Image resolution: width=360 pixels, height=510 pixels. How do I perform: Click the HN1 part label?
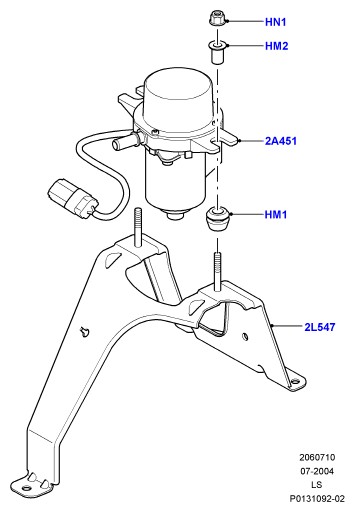[x=276, y=22]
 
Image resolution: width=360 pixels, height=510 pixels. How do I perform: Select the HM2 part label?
[x=276, y=46]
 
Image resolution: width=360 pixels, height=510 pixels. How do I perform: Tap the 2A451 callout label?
[x=281, y=141]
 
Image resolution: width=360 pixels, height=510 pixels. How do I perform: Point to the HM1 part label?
[x=276, y=214]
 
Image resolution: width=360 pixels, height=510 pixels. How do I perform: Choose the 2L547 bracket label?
[x=320, y=327]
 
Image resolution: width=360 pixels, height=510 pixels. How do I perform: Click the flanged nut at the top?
[x=217, y=19]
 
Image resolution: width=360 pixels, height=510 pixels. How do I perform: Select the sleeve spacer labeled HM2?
[x=217, y=52]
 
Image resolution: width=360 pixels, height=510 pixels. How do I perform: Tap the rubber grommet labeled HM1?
[x=217, y=219]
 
